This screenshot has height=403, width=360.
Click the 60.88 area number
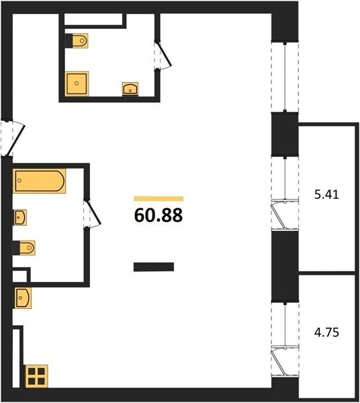pos(159,215)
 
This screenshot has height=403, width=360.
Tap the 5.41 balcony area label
pos(326,195)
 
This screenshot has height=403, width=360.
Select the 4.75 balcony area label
pos(326,332)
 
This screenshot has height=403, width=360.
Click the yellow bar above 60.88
pos(159,198)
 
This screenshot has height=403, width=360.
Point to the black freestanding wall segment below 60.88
pos(154,267)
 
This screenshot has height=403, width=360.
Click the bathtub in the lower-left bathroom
pos(40,181)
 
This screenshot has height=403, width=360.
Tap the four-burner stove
pos(36,376)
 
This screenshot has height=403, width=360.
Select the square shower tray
pos(77,83)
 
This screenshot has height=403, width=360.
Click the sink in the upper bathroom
pos(130,89)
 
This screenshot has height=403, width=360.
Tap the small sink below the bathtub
pos(19,218)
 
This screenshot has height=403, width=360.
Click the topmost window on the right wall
pos(285,77)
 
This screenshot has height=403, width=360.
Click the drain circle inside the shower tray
pos(77,83)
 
